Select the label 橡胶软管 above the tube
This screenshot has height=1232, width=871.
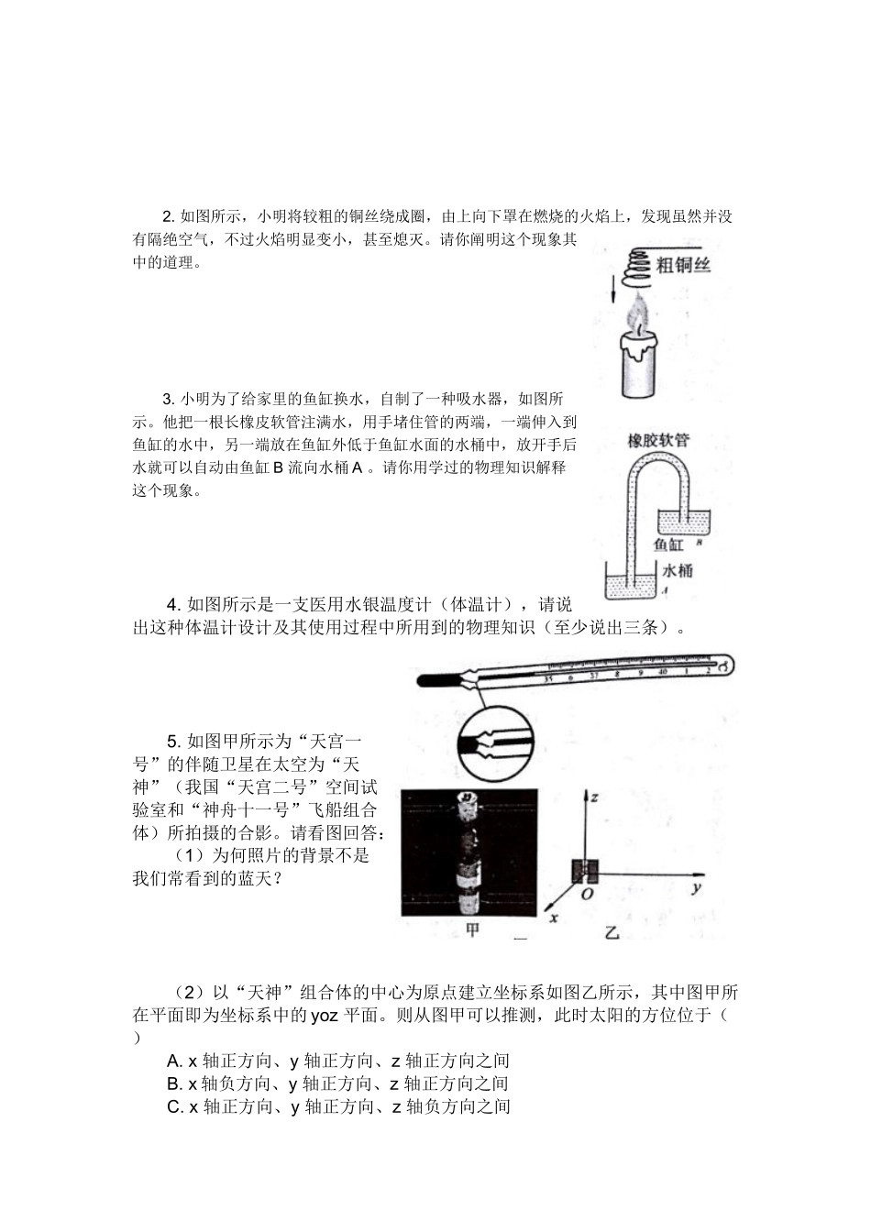point(657,440)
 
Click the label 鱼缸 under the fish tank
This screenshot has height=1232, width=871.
point(671,544)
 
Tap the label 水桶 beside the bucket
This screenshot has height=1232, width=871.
point(678,571)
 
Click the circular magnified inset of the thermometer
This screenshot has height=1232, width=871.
point(484,742)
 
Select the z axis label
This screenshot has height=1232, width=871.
point(594,797)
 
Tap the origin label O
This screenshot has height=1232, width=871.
point(588,893)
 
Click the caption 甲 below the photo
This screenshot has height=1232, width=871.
point(473,930)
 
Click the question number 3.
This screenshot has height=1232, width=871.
point(168,399)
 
